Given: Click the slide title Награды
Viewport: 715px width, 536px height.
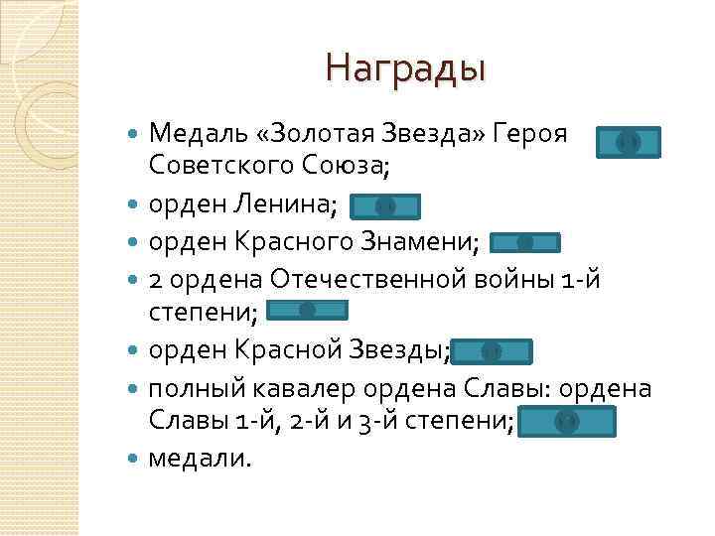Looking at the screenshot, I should pos(404,69).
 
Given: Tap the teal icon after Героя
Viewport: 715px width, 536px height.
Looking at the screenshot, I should pos(628,143).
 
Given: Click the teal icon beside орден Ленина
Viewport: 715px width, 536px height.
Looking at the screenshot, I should pos(385,206).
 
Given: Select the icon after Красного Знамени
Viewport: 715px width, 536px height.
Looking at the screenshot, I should pos(525,243).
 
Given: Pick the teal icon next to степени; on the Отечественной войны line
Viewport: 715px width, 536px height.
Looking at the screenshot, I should pos(308,311).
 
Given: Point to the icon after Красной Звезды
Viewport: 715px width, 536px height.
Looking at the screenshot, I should pos(492,351).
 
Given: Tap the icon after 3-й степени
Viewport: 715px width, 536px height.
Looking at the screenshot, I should pos(567,422).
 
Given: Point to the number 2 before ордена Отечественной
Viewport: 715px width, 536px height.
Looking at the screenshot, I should pos(155,280).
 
